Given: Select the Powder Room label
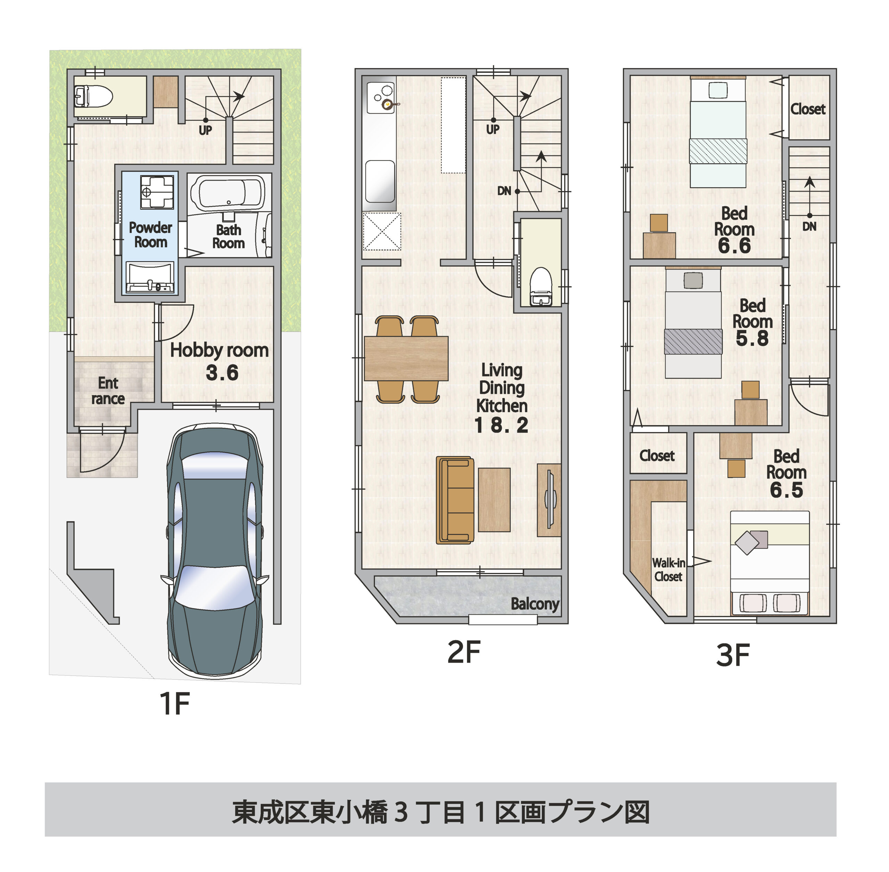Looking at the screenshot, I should pyautogui.click(x=150, y=234).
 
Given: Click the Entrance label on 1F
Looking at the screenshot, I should pyautogui.click(x=108, y=391).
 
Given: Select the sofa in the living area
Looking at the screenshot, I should pyautogui.click(x=455, y=500).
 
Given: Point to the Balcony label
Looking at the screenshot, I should pyautogui.click(x=534, y=604).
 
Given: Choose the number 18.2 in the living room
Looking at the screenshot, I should pyautogui.click(x=501, y=425).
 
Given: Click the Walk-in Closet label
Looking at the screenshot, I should pyautogui.click(x=668, y=569).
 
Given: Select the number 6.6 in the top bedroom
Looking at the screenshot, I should pyautogui.click(x=734, y=246).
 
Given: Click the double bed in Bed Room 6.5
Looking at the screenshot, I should pyautogui.click(x=770, y=562).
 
